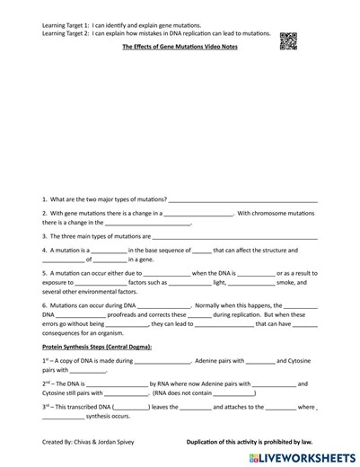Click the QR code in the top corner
click(x=287, y=40)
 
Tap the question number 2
click(x=44, y=214)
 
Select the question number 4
click(x=44, y=251)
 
